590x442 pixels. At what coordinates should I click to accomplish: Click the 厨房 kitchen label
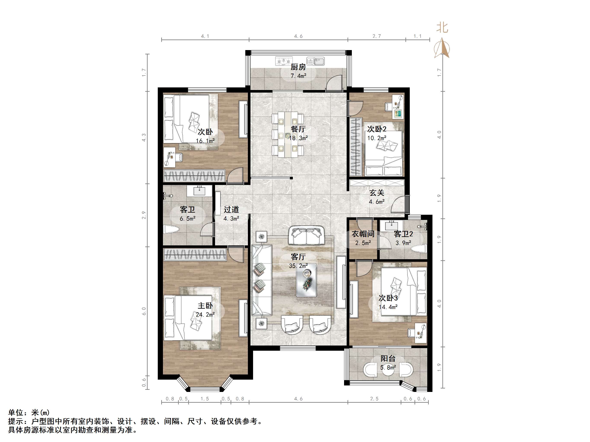tap(298, 67)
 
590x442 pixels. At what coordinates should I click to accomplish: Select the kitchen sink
tap(315, 61)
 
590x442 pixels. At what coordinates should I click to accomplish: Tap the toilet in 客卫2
tap(419, 248)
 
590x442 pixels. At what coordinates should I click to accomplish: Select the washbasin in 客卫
tap(199, 191)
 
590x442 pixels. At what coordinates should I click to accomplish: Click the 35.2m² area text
tap(298, 266)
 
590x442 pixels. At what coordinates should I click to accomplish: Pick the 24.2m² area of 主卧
tap(205, 315)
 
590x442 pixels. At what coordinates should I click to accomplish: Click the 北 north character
tap(442, 28)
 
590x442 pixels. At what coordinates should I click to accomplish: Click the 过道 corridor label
tap(231, 210)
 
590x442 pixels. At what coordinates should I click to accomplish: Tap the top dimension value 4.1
tap(205, 36)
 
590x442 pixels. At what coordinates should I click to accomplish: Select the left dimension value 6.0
tap(144, 311)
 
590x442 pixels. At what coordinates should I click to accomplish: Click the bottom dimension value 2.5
tap(374, 399)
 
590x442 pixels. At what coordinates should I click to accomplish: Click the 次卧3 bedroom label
tap(388, 298)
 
